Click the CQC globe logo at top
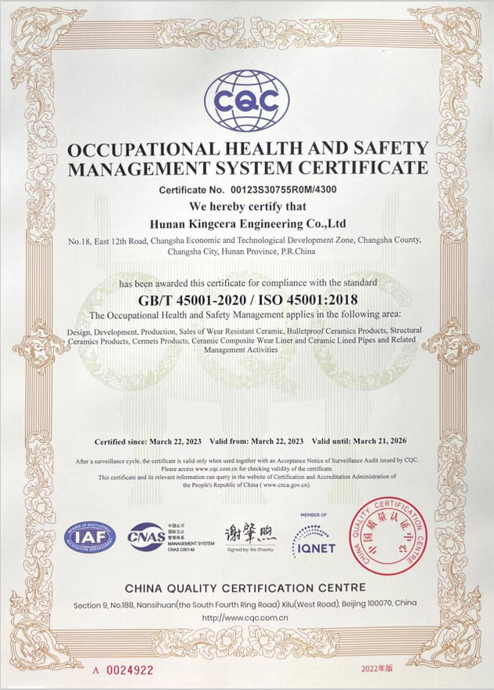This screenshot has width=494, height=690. [247, 100]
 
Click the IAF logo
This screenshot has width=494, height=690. [89, 538]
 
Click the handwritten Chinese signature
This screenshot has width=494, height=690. [250, 536]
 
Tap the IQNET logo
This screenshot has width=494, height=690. [314, 541]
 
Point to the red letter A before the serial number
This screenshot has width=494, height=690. [96, 670]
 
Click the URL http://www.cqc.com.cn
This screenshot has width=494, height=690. [246, 617]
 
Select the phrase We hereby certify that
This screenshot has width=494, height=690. [246, 207]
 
